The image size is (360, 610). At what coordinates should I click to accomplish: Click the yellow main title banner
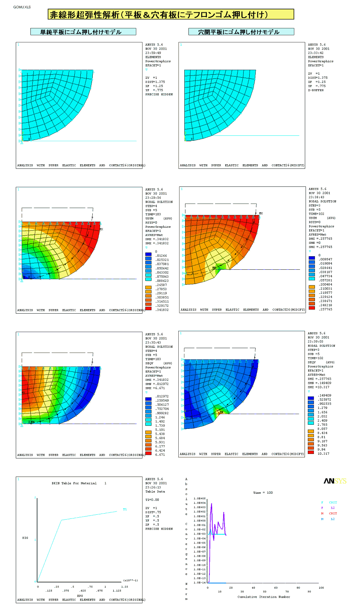point(171,15)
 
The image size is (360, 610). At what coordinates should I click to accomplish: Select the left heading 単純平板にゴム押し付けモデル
point(83,32)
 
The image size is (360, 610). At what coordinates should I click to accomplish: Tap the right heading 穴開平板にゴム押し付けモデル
point(241,32)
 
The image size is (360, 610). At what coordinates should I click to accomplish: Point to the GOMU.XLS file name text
point(22,7)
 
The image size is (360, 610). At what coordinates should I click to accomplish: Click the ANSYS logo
point(335,481)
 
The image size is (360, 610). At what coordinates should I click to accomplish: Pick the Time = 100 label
point(263,493)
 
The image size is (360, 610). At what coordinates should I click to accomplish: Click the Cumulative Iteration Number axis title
point(264,596)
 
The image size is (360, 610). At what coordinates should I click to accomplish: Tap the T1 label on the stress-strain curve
point(125,509)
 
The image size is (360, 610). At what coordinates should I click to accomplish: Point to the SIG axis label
point(25,538)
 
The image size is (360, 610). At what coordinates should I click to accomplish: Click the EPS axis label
point(80,595)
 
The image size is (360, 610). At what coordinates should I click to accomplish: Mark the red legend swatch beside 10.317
point(311,452)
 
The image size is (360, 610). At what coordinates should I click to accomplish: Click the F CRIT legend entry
point(329,502)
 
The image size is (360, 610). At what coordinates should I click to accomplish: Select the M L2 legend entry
point(328,519)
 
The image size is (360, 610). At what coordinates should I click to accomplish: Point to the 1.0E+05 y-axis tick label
point(199,499)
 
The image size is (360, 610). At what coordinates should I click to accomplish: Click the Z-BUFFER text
point(316,90)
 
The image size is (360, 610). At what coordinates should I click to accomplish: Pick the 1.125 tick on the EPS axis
point(117,590)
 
